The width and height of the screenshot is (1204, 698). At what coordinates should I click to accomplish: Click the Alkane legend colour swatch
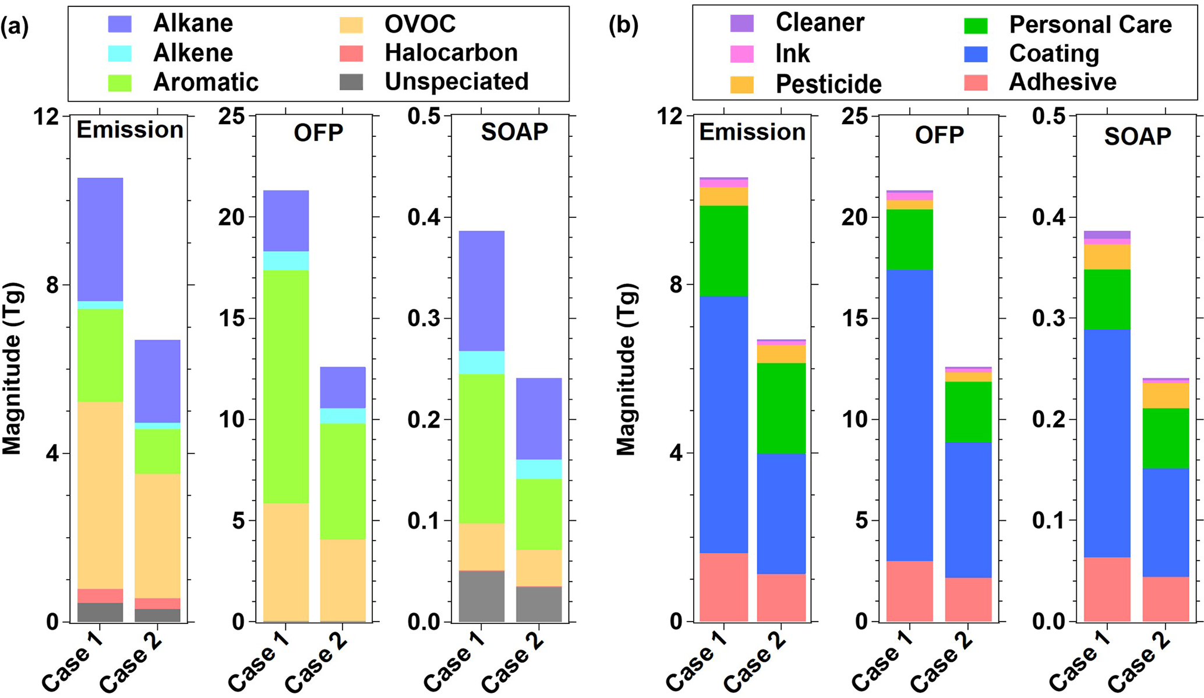point(120,24)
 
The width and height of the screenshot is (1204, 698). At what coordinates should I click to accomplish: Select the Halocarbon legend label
point(451,53)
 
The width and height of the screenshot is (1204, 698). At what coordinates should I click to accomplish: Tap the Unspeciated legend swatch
point(351,82)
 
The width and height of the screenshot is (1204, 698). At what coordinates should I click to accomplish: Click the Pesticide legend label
point(828,84)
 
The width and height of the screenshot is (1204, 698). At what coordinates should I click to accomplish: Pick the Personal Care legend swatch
point(976,26)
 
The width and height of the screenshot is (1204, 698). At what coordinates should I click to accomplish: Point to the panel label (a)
point(15,27)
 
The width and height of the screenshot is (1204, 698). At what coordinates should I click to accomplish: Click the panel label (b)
point(623,26)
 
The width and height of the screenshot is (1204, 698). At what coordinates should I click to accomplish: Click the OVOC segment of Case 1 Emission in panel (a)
point(100,495)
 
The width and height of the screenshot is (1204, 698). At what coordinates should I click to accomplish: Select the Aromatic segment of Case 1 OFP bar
point(285,386)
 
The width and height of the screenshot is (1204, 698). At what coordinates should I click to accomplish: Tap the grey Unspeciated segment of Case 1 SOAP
point(481,596)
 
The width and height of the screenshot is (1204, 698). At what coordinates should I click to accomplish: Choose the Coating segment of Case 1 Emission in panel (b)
point(723,424)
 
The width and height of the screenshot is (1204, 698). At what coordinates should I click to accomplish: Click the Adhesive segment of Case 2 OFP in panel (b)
point(968,599)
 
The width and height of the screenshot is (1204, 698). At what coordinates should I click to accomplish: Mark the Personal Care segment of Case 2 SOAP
point(1166,438)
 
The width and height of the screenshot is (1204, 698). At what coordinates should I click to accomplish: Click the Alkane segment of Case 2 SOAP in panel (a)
point(539,418)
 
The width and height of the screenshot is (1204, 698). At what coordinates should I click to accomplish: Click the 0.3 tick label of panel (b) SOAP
point(1049,319)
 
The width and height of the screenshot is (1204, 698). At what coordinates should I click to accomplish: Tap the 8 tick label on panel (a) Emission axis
point(53,285)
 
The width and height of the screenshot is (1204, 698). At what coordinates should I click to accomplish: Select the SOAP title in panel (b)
point(1137,136)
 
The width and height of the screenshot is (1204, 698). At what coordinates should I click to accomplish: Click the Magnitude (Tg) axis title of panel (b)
point(627,369)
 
